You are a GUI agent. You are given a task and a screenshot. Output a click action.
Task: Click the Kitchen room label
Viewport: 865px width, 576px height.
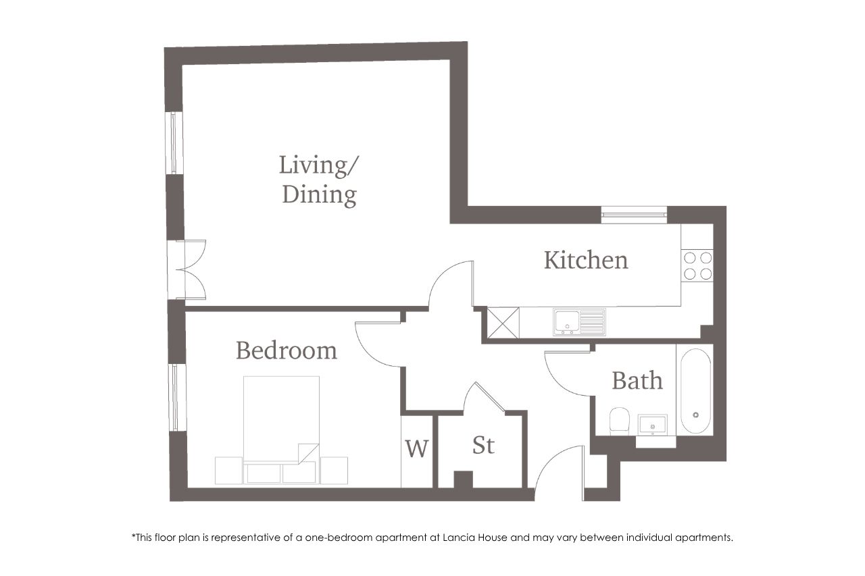(x=586, y=261)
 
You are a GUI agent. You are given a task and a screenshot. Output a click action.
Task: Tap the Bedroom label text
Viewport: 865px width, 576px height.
(x=286, y=350)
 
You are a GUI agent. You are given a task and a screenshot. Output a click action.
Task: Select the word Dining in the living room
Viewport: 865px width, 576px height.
(x=320, y=195)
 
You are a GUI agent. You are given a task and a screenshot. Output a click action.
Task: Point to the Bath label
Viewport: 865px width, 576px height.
(x=637, y=381)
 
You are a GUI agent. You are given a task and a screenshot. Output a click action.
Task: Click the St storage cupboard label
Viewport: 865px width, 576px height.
(x=483, y=445)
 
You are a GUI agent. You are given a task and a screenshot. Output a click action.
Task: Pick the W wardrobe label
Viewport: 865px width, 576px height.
(x=417, y=448)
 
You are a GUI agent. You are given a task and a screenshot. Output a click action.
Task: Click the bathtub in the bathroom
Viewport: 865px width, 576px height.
(x=695, y=391)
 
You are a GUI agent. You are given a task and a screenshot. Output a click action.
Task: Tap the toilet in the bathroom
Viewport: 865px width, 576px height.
(x=620, y=421)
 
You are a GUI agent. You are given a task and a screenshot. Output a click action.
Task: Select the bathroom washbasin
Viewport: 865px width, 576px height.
(x=652, y=425)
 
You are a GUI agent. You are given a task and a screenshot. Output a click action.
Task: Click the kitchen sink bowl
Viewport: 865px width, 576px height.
(x=566, y=321)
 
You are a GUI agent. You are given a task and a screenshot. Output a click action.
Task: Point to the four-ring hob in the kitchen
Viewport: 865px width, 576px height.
(x=697, y=266)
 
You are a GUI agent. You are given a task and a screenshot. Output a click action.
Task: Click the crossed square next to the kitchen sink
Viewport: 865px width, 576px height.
(x=503, y=323)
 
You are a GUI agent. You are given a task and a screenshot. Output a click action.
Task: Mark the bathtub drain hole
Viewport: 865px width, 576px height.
(x=695, y=415)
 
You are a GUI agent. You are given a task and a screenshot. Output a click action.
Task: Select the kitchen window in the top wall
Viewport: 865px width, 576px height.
(x=634, y=215)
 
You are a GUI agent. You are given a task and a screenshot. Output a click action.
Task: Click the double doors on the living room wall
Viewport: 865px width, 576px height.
(x=186, y=269)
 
